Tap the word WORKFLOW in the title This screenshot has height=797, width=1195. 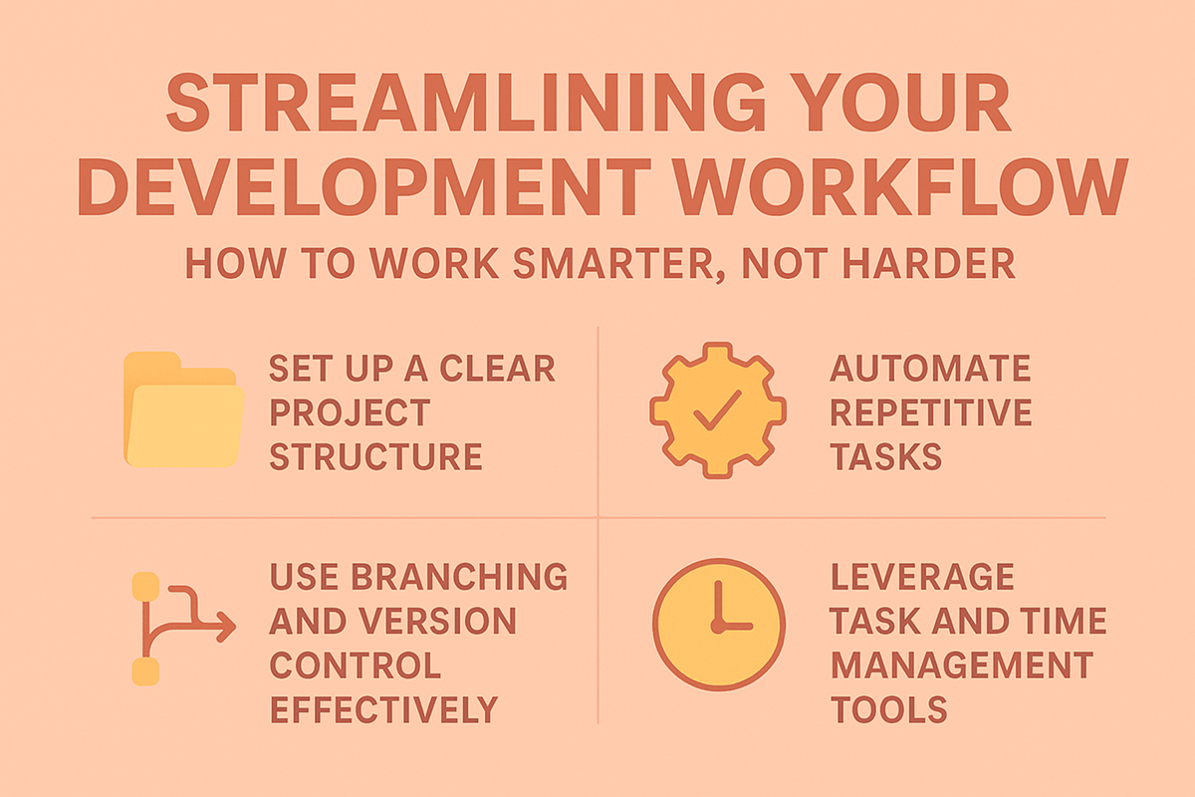(901, 187)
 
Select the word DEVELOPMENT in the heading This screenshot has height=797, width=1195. (364, 187)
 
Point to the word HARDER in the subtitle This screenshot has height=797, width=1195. (929, 263)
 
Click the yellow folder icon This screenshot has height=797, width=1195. (183, 409)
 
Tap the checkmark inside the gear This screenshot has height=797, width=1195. (717, 410)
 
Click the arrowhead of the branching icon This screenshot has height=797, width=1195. (225, 627)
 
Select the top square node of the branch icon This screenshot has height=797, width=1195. (145, 587)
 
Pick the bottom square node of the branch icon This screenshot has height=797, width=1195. (145, 671)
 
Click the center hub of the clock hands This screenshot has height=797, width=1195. (718, 627)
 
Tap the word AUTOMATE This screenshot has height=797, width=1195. (930, 369)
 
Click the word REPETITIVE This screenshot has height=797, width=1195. (931, 412)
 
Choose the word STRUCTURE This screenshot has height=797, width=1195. (376, 456)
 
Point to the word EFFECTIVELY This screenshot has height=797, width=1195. (384, 709)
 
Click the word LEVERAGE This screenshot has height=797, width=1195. (922, 577)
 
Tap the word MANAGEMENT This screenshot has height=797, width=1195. (962, 665)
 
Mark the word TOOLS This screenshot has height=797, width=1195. (888, 709)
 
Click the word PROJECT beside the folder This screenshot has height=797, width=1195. (350, 412)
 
